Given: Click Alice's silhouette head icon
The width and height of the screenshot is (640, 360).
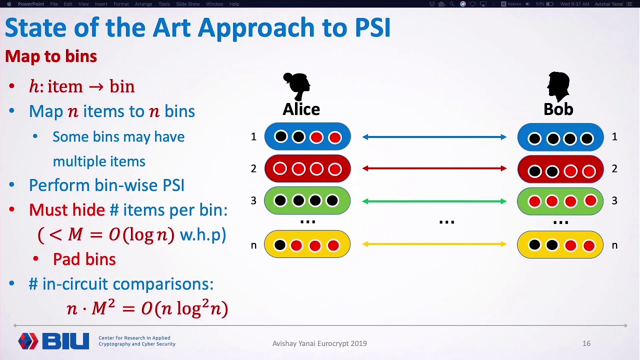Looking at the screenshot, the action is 297,86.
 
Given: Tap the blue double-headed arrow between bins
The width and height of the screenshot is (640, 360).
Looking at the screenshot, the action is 434,137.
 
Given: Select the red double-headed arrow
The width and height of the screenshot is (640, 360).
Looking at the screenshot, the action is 434,168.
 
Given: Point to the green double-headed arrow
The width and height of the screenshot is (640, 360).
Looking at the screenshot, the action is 434,201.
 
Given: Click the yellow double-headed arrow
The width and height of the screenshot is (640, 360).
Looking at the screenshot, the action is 434,244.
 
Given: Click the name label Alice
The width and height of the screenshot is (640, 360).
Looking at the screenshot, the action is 301,109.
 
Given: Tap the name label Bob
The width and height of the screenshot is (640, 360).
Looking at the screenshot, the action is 558,109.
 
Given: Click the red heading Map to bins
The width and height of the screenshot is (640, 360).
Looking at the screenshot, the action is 51,56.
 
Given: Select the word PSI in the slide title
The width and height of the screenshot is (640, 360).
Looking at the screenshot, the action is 372,27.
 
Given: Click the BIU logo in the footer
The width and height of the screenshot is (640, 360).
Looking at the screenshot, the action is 53,341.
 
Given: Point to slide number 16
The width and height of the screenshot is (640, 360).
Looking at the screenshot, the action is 586,343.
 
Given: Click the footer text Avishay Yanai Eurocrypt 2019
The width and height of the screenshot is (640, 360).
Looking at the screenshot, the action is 319,343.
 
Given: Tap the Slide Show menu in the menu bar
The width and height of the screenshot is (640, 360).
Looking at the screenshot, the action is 187,4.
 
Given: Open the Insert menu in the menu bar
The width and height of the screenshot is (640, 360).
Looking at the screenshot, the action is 101,4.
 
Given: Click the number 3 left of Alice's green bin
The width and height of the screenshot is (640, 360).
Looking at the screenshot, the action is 253,201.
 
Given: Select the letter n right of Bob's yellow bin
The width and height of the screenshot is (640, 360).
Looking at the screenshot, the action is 614,245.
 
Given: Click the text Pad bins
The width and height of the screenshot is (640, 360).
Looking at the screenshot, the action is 84,259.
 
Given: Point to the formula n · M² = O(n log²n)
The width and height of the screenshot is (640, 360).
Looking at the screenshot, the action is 147,308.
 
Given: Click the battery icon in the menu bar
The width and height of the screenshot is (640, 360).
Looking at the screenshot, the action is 549,4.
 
